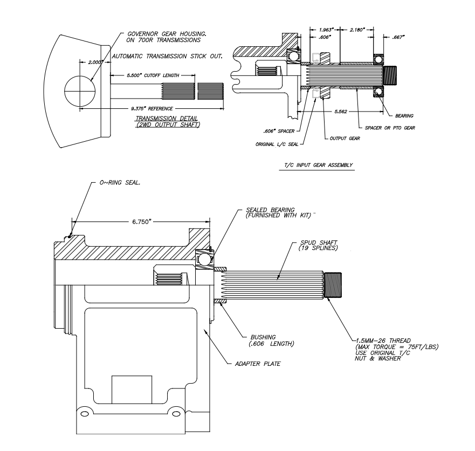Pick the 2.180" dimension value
pos(358,29)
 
